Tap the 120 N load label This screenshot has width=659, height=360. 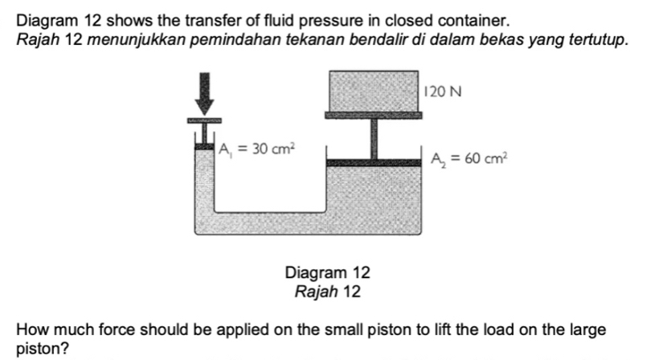444,91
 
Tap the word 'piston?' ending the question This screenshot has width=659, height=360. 39,349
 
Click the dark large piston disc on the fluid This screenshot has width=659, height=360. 374,163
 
